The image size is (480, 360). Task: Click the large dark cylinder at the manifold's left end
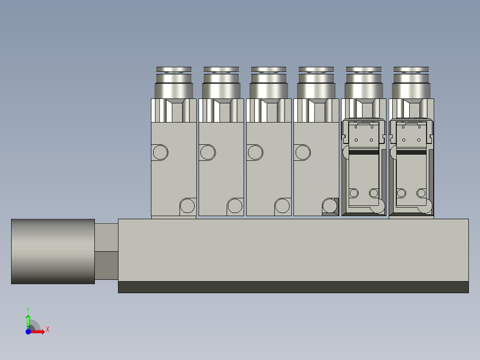(x=53, y=251)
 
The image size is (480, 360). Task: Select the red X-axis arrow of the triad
(x=39, y=331)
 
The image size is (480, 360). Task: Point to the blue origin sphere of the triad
(x=28, y=331)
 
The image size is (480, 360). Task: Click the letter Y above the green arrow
(x=28, y=309)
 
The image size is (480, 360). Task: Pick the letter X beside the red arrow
(x=48, y=330)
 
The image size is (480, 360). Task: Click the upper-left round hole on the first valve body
(x=160, y=152)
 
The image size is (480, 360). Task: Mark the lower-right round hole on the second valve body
(x=235, y=206)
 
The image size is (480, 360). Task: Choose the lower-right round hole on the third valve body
(x=282, y=206)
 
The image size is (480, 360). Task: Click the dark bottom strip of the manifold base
(x=293, y=287)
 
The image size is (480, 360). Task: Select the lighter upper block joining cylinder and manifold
(x=106, y=237)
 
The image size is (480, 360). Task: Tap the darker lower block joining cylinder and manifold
(x=106, y=266)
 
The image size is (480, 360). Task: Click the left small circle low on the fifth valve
(x=354, y=193)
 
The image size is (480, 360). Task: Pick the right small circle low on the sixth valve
(x=421, y=193)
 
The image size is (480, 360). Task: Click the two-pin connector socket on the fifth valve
(x=364, y=134)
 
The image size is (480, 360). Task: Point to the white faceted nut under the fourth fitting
(x=316, y=110)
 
